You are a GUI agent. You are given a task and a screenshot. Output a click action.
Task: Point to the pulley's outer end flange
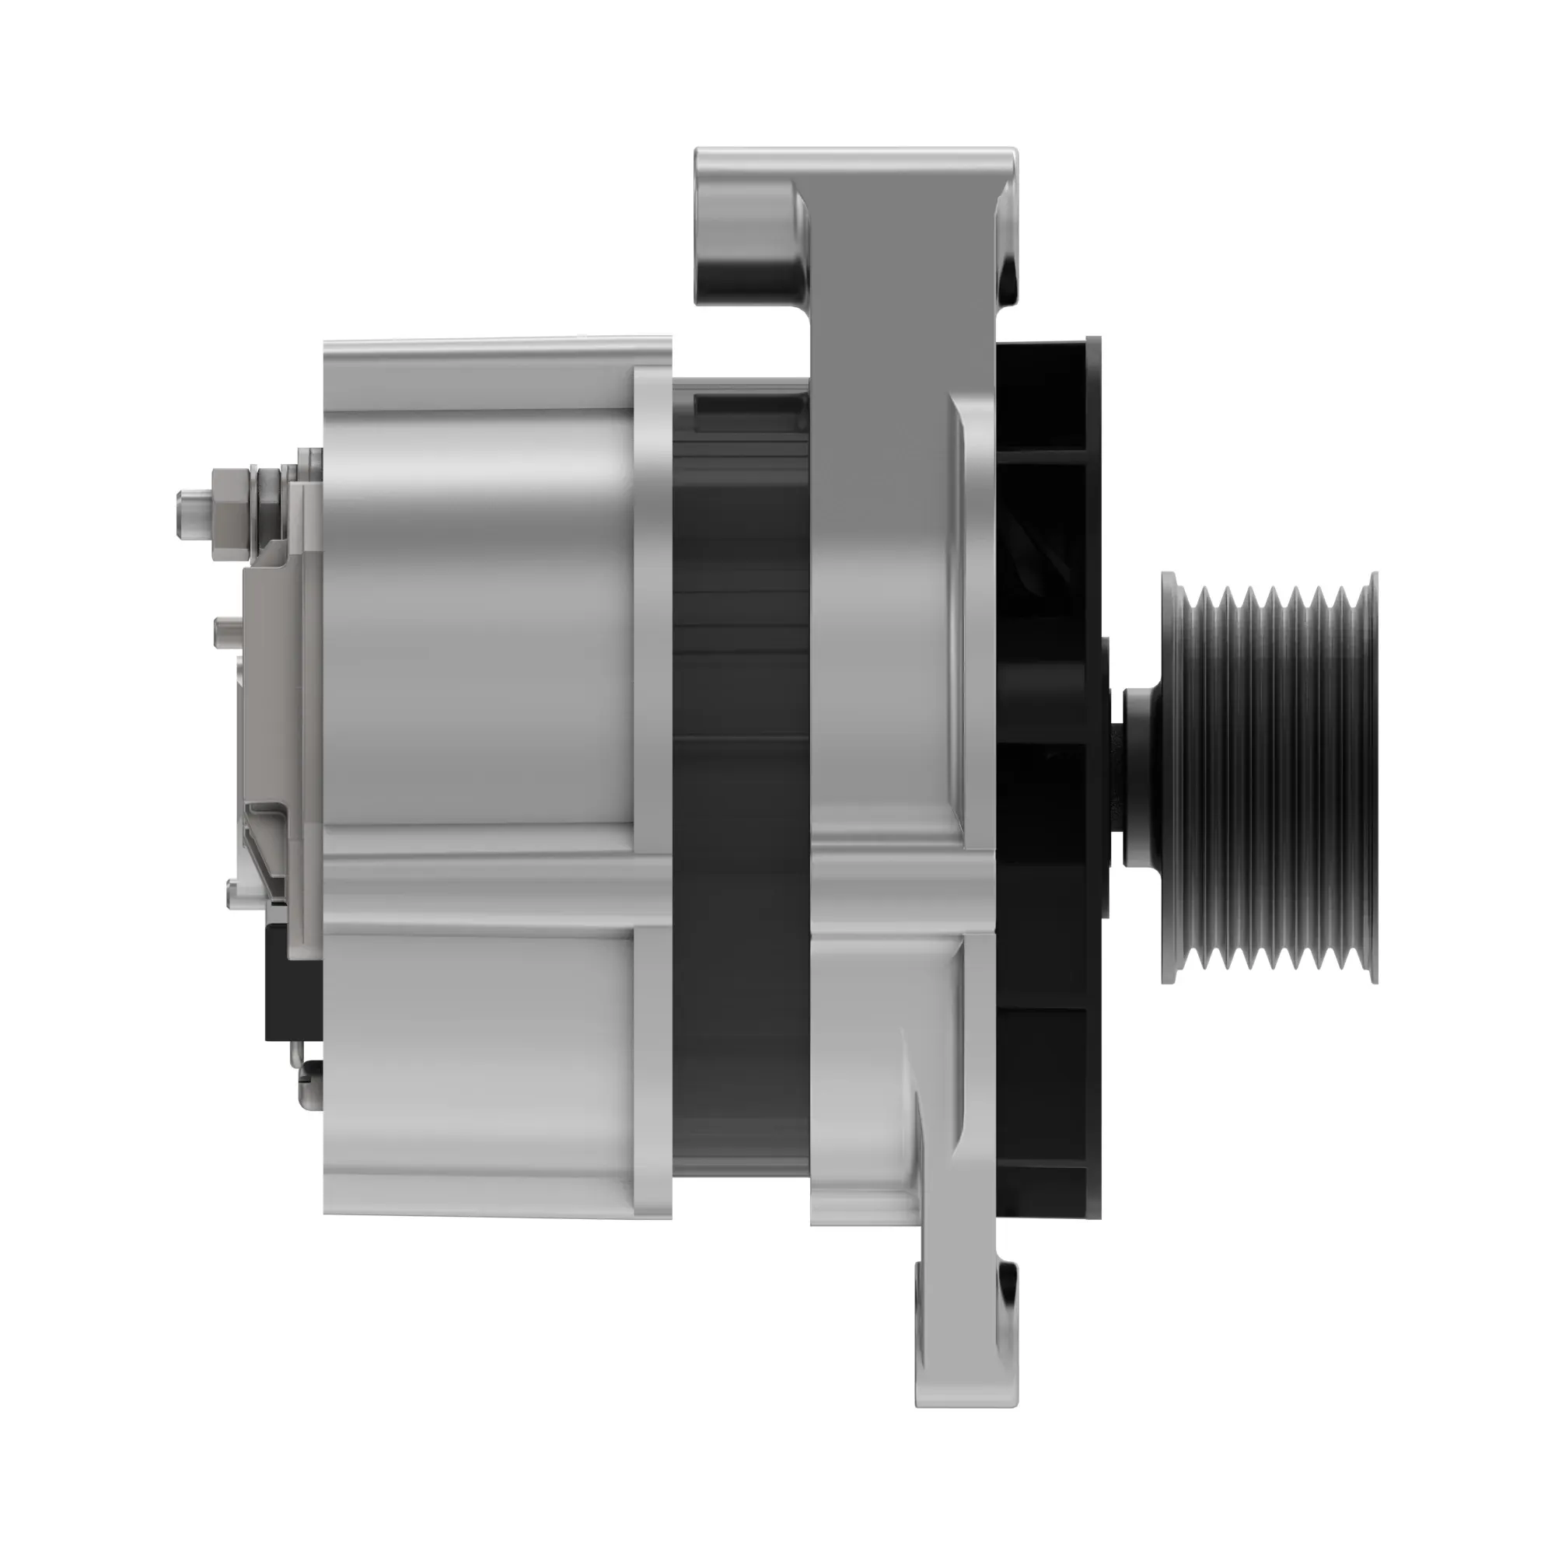1372,777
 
